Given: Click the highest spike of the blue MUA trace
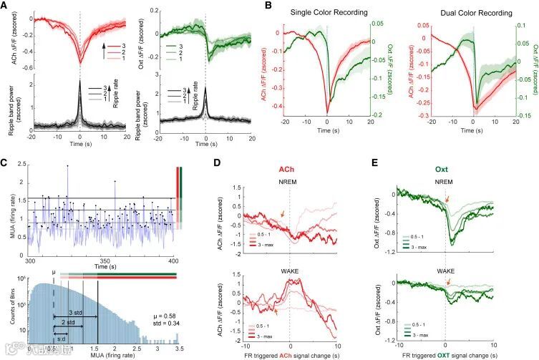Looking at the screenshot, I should [x=68, y=166].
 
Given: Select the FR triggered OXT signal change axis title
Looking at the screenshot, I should [x=457, y=354].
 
